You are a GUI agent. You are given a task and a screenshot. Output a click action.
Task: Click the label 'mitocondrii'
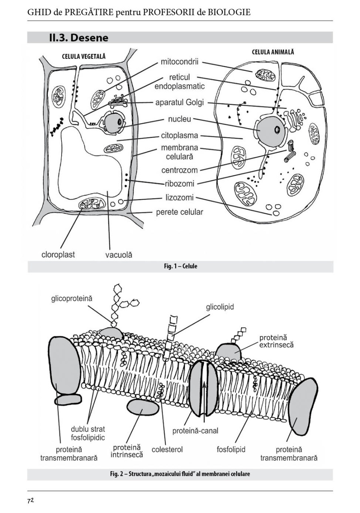(x=180, y=62)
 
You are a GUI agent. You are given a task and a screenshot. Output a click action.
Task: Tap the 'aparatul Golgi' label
(x=180, y=103)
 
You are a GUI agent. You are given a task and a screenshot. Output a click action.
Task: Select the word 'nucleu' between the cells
(x=180, y=119)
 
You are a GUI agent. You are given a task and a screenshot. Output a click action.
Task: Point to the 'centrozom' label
(x=180, y=170)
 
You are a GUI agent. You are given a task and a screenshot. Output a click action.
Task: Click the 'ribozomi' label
(x=180, y=184)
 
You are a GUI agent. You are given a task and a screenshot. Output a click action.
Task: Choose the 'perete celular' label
(x=179, y=212)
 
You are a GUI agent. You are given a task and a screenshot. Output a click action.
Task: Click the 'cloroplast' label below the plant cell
(x=58, y=254)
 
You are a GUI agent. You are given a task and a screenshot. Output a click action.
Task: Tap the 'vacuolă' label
(x=119, y=254)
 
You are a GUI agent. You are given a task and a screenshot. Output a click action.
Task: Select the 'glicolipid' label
(x=220, y=307)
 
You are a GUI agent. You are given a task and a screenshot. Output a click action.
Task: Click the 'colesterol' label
(x=167, y=449)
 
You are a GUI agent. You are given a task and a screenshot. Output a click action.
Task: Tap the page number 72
(x=30, y=501)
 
